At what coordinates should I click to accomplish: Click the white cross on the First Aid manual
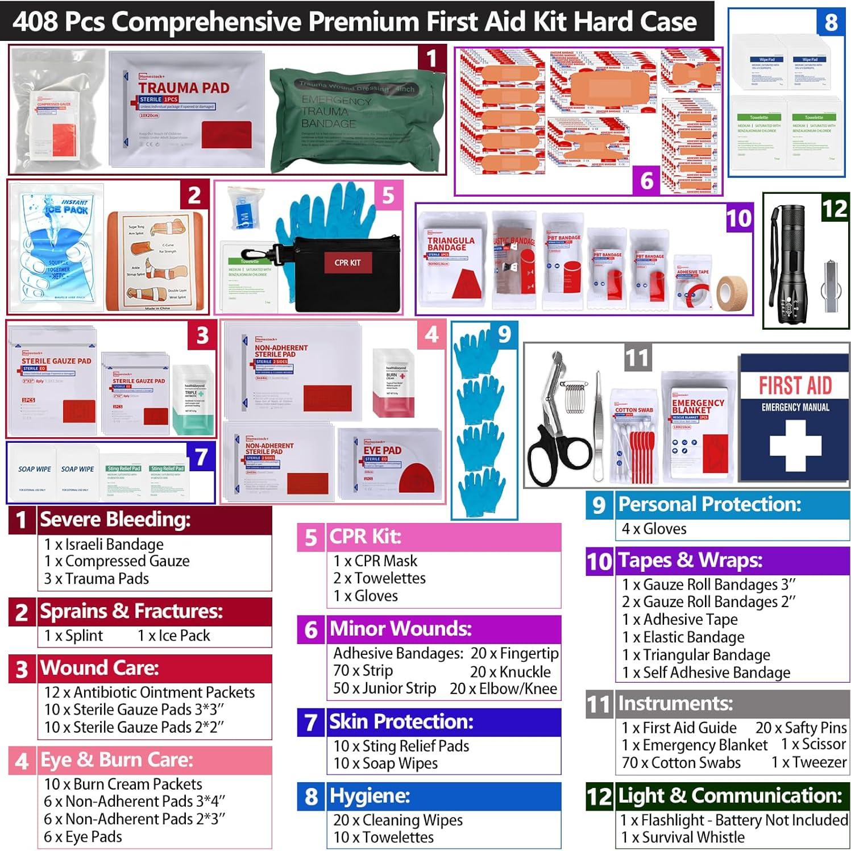click(x=795, y=446)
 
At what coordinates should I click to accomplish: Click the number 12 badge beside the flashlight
click(x=834, y=209)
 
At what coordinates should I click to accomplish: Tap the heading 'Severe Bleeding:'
click(x=115, y=520)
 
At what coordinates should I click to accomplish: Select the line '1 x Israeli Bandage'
click(x=104, y=544)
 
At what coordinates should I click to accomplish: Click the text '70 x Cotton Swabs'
click(x=681, y=763)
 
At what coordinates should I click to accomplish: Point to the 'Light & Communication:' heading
click(x=730, y=795)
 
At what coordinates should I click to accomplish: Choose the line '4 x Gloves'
click(x=654, y=529)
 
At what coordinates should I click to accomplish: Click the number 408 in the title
click(x=35, y=22)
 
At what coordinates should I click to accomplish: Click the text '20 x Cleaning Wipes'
click(x=398, y=820)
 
